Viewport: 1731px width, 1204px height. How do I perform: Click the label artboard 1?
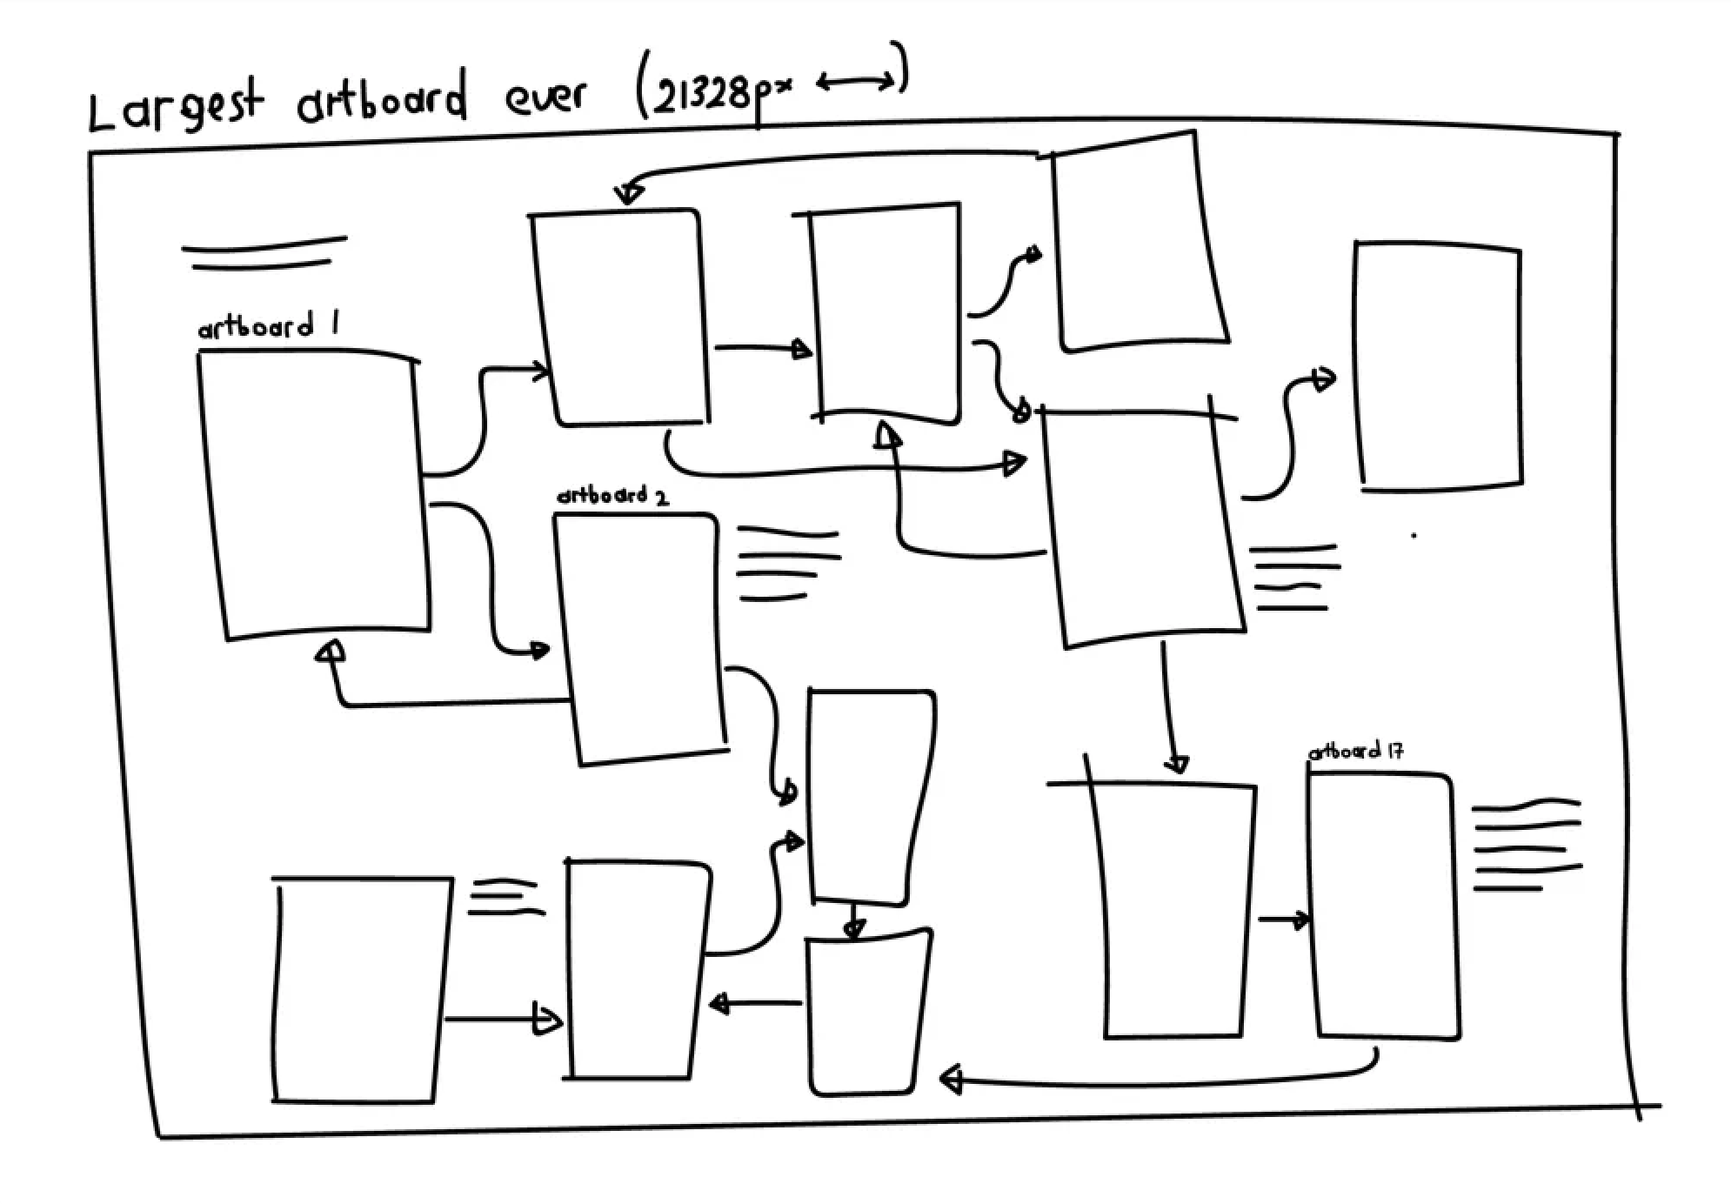coord(268,328)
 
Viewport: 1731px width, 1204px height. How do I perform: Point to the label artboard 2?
coord(612,496)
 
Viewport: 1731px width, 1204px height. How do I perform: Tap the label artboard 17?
coord(1355,751)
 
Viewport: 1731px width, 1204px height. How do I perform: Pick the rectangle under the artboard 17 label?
coord(1384,905)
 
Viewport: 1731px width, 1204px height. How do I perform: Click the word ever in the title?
coord(546,97)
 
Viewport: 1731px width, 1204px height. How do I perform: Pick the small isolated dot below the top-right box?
coord(1414,535)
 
